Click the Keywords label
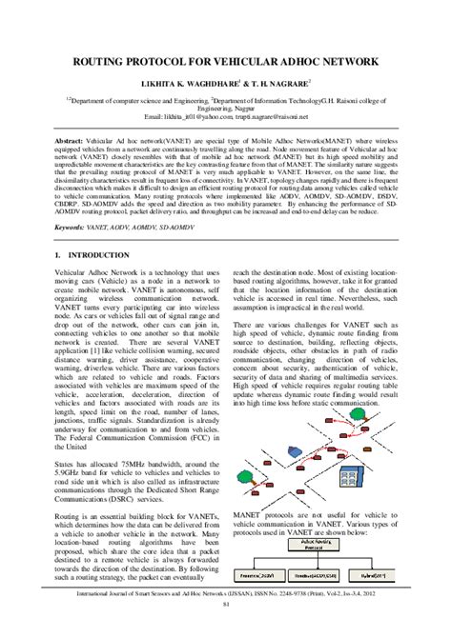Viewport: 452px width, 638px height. pyautogui.click(x=72, y=229)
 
